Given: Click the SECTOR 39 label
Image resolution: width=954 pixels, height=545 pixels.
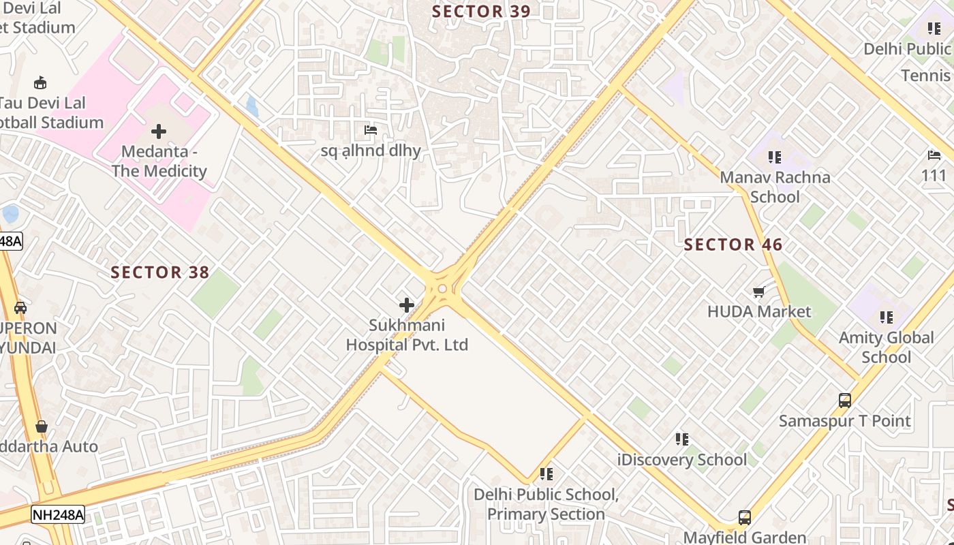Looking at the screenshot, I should pos(481,12).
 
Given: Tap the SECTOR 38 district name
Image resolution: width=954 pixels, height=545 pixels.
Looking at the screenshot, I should pos(160,272).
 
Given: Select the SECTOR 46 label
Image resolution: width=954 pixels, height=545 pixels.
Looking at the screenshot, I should pos(733,245).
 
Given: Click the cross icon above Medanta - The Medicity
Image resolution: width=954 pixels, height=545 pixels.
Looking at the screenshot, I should pos(159,131).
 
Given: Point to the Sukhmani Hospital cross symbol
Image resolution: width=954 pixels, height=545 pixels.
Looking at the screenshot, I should pos(407,305).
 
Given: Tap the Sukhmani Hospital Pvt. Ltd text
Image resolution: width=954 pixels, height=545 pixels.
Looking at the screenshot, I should pos(407,335).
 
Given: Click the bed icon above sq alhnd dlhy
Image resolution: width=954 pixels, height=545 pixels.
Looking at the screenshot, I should pos(371,129).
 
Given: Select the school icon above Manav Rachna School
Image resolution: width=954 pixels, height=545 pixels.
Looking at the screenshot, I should pos(775,157).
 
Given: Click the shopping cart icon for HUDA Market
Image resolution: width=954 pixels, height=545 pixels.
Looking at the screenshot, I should pos(759,292).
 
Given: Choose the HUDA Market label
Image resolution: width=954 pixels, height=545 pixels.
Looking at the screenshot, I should pos(759,312).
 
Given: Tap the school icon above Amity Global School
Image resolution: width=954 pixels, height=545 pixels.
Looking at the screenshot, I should pos(886,317).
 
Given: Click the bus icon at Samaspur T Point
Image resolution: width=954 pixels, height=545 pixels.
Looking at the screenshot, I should pos(845,401).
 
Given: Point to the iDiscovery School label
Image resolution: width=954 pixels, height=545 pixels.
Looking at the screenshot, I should pos(681,460).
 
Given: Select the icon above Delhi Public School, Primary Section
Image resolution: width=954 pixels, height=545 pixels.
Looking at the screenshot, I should pos(546,473).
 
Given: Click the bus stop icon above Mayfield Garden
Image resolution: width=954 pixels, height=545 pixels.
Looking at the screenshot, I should pos(745,518).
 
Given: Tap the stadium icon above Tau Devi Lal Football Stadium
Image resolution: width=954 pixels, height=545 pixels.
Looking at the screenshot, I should pos(40,83).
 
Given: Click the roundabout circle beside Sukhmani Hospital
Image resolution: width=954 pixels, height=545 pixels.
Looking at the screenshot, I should pos(442,289).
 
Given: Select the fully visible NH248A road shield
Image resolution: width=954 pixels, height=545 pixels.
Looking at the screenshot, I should pos(58,514).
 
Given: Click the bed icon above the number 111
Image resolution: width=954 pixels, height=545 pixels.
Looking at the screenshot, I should pos(934,155).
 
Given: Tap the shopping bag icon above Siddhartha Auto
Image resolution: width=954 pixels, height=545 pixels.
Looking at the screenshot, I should pos(42,426).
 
